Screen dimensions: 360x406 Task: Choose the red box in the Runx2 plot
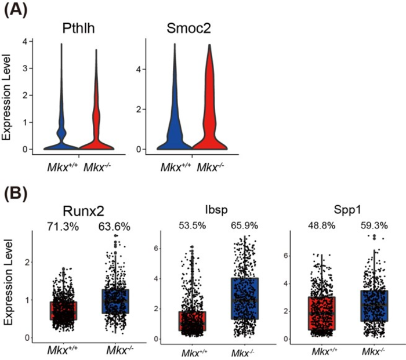click(x=63, y=310)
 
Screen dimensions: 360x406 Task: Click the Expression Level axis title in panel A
click(x=8, y=96)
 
